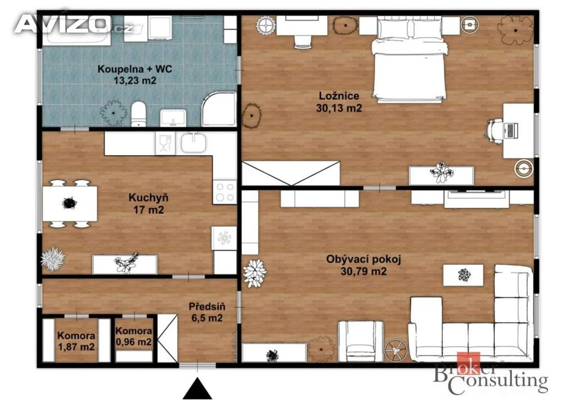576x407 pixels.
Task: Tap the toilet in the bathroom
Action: click(139, 114)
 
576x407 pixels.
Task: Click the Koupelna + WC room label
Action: click(135, 75)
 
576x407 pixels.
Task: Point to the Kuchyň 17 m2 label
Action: click(148, 203)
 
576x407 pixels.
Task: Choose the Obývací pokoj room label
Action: click(364, 265)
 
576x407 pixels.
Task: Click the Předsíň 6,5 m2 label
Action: click(207, 312)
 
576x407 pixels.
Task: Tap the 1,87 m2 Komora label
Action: click(76, 341)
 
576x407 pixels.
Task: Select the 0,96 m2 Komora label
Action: click(134, 337)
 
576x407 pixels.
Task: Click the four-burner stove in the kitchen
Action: click(225, 192)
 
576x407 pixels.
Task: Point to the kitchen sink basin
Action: click(193, 142)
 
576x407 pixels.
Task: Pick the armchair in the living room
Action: click(361, 341)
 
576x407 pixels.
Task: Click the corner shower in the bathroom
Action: click(219, 109)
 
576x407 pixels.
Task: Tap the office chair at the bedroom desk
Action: click(495, 130)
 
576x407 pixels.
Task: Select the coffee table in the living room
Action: click(463, 275)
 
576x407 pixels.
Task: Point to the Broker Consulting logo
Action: click(490, 375)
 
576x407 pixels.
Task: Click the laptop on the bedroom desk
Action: click(511, 131)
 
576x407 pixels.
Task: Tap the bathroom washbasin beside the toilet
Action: click(173, 117)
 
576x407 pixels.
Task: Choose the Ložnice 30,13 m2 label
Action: click(339, 102)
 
